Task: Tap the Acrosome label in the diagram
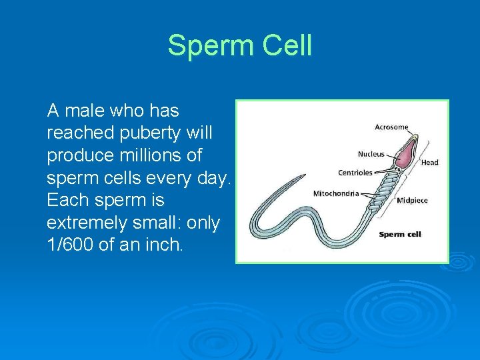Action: (x=391, y=127)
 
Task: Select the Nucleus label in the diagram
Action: (x=371, y=154)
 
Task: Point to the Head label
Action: (x=429, y=162)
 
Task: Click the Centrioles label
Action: (x=355, y=173)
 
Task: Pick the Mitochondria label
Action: (x=336, y=193)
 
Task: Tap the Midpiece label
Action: (x=412, y=200)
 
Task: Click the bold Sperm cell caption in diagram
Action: (x=400, y=234)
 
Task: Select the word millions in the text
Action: (x=151, y=155)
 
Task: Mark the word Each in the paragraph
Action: (x=67, y=200)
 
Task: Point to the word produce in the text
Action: (x=79, y=155)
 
